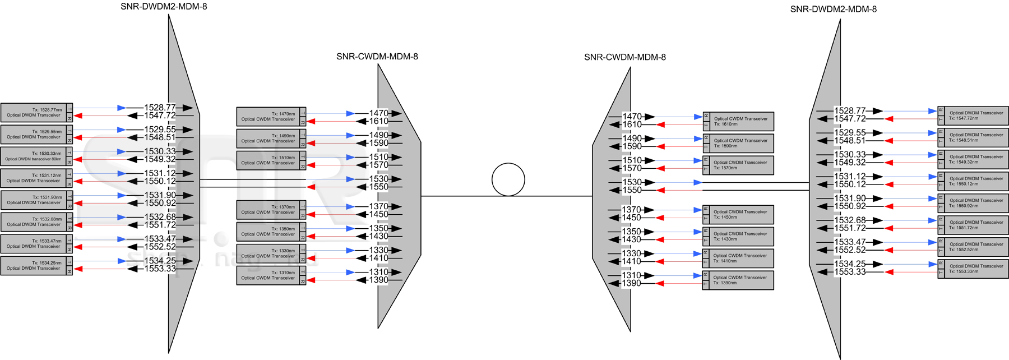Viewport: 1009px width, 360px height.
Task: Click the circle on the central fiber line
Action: tap(508, 179)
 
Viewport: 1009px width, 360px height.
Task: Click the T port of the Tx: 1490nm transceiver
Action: tap(303, 135)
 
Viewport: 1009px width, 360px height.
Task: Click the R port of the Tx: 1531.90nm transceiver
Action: tap(70, 206)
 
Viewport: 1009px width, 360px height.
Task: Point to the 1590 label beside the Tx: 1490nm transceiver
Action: tap(378, 143)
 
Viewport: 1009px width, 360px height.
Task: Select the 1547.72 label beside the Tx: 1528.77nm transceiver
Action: tap(160, 116)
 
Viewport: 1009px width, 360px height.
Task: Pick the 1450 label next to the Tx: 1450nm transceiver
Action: tap(632, 218)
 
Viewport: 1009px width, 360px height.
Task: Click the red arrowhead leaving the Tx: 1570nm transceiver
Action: tap(660, 168)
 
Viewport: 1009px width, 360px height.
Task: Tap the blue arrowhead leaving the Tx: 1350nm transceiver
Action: tap(350, 228)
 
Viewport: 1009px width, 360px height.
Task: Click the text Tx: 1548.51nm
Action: tap(964, 140)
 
